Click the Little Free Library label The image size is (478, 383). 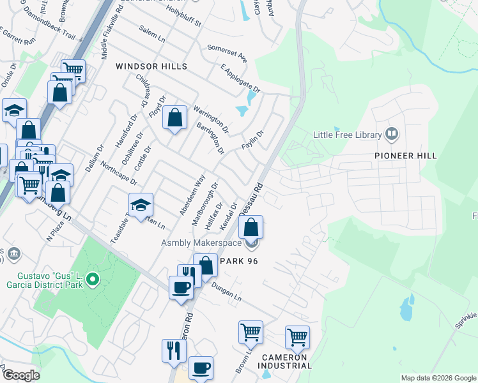tap(347, 135)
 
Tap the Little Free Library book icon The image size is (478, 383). tap(392, 134)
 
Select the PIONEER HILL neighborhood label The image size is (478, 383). tap(406, 156)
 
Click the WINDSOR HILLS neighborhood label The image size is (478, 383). tap(151, 66)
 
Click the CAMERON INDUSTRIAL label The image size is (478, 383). tap(285, 361)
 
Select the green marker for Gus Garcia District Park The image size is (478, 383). tap(93, 279)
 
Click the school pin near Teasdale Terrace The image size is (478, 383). tap(141, 206)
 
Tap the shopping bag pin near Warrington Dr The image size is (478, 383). tap(174, 118)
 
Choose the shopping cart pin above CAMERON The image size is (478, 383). tap(297, 337)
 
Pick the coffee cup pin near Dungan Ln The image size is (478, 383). tap(181, 287)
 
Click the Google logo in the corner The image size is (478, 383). tap(21, 375)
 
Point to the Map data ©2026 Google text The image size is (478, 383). tap(438, 378)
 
